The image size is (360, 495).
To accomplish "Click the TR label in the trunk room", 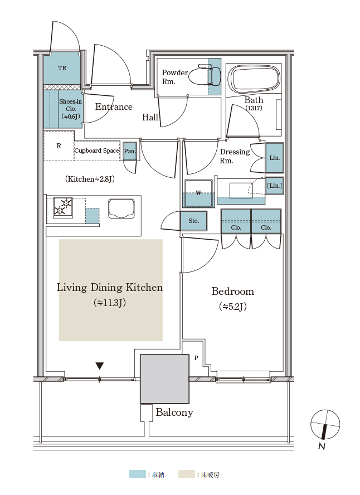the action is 62,68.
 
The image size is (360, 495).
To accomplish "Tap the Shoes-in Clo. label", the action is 71,109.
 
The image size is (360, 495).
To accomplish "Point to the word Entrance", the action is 114,106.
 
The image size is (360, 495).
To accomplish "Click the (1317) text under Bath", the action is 254,108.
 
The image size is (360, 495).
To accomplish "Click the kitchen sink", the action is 121,208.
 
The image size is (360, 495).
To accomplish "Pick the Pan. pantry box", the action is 130,151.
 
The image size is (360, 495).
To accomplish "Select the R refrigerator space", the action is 59,146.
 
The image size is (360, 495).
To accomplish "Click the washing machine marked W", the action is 198,193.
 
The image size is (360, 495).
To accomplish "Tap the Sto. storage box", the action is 194,221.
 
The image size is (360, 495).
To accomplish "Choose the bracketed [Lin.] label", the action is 275,186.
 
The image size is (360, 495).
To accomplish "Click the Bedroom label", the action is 233,291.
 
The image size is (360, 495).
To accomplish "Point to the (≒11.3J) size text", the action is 110,303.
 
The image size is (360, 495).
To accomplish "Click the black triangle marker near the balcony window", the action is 100,366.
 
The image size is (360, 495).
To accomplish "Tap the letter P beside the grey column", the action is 196,358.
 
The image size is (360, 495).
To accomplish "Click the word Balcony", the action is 174,412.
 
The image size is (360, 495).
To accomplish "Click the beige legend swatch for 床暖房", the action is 187,474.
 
